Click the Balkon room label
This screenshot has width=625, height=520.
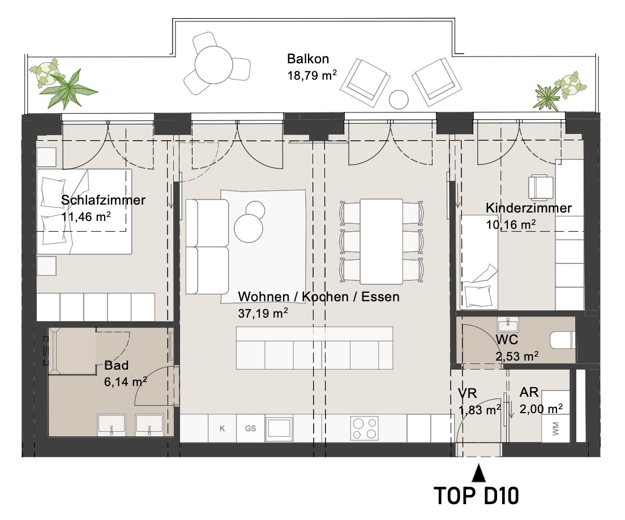(x=308, y=59)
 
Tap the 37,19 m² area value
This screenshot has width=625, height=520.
(x=263, y=313)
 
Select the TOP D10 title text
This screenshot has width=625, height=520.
(x=476, y=496)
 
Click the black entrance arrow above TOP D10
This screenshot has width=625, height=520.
(x=479, y=474)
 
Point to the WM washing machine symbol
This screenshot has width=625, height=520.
(x=555, y=428)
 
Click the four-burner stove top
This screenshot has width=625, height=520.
(x=365, y=428)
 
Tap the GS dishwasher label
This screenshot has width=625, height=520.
(x=250, y=428)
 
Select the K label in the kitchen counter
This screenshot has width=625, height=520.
(x=222, y=428)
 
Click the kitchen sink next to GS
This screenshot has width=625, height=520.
(x=280, y=428)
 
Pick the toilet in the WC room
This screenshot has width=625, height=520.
(x=562, y=341)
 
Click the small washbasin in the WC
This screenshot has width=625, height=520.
(x=508, y=324)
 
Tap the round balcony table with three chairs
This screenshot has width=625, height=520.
(x=213, y=65)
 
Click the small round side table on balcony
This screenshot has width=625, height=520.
(x=399, y=99)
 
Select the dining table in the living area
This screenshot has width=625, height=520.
(x=382, y=241)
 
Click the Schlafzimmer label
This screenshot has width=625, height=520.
(x=103, y=200)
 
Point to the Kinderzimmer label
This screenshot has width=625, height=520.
(x=529, y=207)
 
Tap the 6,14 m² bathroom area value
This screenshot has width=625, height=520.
(x=126, y=382)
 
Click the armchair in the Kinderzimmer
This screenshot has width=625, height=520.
(x=541, y=187)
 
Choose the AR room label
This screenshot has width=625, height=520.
(x=529, y=392)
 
